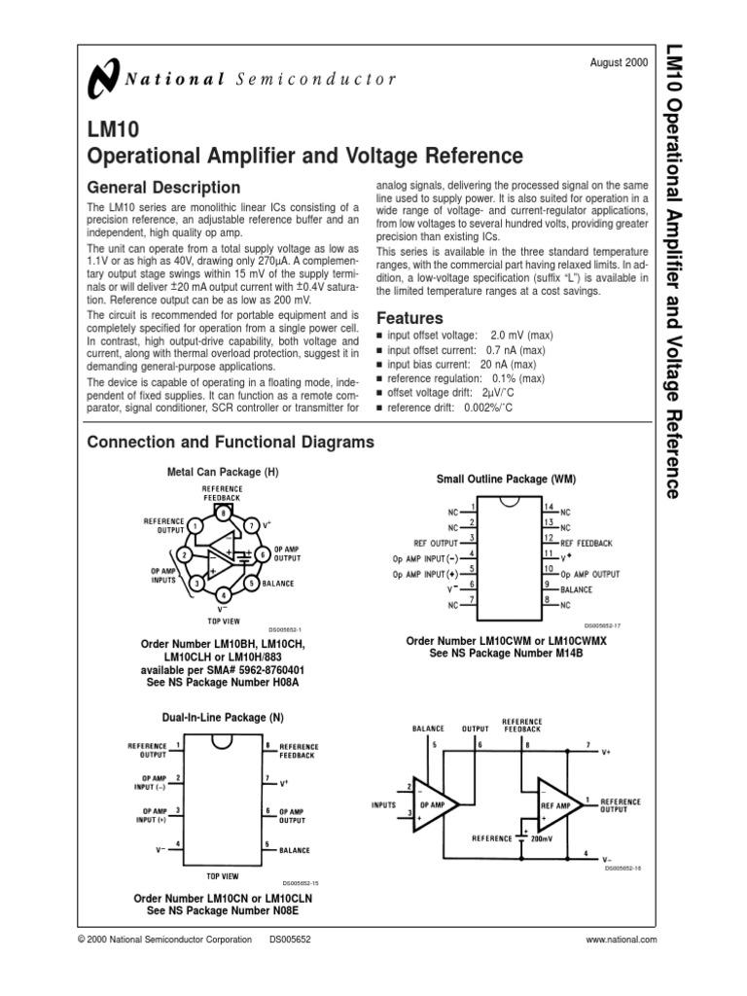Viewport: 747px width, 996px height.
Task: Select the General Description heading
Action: (163, 188)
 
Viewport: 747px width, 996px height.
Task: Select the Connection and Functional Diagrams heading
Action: (231, 443)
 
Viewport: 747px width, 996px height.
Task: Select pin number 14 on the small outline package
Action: (549, 508)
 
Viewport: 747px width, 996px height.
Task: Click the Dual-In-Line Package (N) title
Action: (223, 717)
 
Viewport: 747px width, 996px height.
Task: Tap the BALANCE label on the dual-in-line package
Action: (295, 849)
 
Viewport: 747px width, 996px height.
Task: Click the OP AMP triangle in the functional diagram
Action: (433, 805)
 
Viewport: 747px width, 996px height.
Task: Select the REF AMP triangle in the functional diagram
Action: (557, 805)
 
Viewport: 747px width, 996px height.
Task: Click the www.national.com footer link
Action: (622, 940)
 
